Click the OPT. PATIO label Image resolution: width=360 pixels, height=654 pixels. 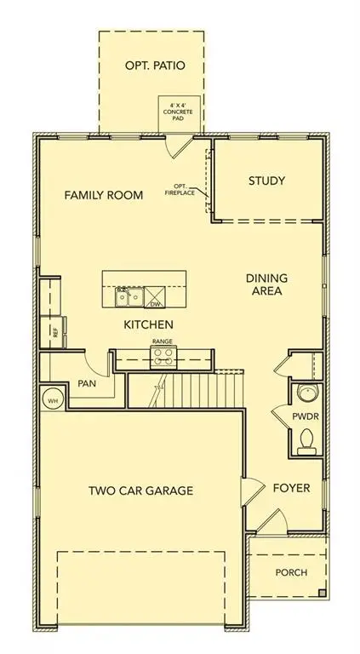tap(153, 66)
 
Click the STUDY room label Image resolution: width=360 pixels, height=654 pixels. tap(266, 181)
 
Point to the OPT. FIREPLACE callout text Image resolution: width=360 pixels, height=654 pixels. tap(180, 190)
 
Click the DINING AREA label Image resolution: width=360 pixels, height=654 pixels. tap(266, 284)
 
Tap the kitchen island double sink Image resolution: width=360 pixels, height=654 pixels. tap(129, 298)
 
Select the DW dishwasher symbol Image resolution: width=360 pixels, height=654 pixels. tap(155, 299)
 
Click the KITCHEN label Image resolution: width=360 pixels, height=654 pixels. tap(149, 324)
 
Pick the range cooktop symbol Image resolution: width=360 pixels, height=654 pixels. tap(162, 359)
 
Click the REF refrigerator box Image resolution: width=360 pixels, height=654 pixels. tap(54, 332)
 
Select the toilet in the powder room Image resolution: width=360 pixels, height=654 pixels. tap(307, 439)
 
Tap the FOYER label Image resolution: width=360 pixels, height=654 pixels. tap(290, 489)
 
